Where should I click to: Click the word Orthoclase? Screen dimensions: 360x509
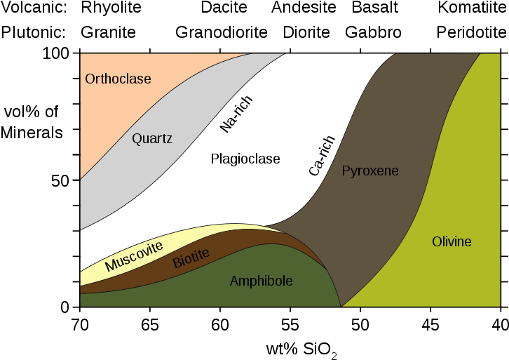118,79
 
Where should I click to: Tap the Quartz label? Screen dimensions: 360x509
152,138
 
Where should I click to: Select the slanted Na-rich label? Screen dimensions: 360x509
236,114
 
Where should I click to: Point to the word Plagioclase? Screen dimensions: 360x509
245,159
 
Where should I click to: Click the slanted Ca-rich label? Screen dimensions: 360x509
323,156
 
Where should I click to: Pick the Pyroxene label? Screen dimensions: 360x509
370,171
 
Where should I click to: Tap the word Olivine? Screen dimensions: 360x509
452,242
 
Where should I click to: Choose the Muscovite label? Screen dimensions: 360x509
134,256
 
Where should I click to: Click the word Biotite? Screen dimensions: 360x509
191,260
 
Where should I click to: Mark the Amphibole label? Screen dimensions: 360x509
261,281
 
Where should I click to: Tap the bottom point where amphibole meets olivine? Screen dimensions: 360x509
341,307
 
